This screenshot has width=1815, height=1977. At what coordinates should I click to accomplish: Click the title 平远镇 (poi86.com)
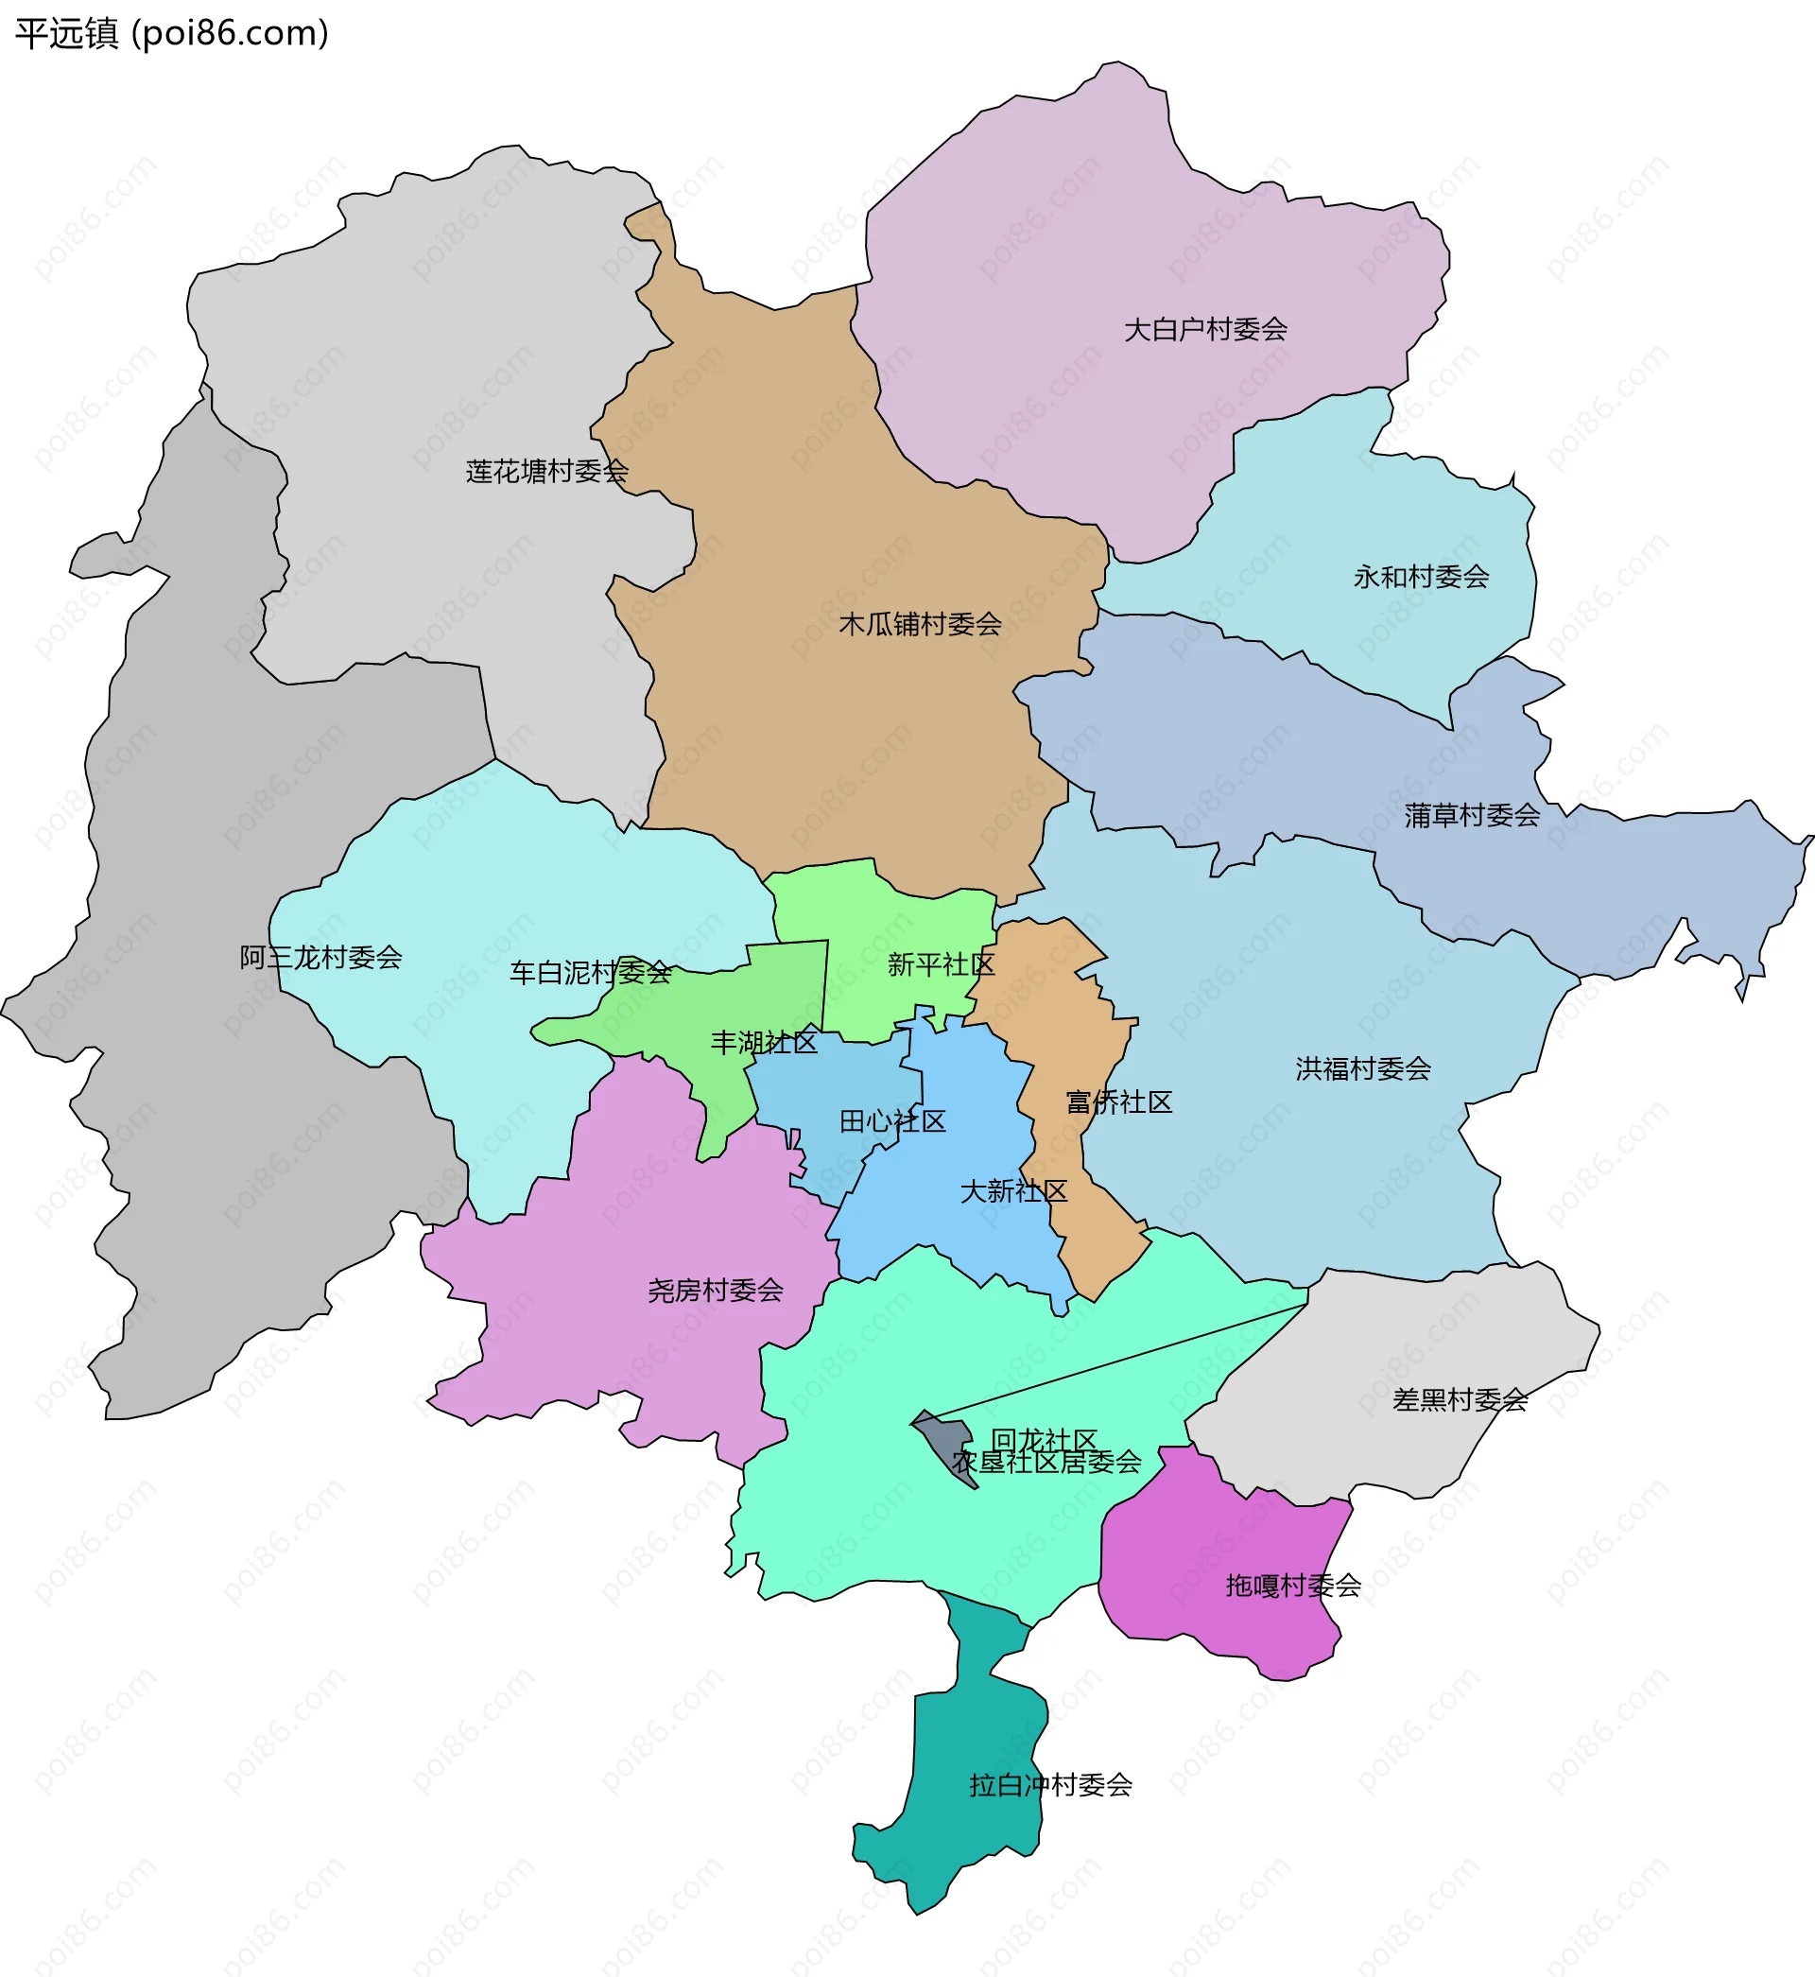click(x=172, y=33)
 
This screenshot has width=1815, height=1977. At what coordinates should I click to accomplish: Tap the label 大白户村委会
click(x=1205, y=329)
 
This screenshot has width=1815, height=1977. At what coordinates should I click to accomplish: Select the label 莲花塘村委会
click(x=547, y=472)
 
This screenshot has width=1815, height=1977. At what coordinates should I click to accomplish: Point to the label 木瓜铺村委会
click(x=921, y=624)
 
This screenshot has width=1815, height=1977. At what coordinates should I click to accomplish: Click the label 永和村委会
click(x=1421, y=577)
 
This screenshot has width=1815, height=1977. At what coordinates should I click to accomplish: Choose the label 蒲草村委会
click(x=1471, y=815)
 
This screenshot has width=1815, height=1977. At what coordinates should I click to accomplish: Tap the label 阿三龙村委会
click(x=321, y=958)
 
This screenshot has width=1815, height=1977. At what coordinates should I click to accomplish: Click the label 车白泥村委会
click(x=590, y=972)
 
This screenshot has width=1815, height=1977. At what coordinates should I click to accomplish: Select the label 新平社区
click(x=941, y=964)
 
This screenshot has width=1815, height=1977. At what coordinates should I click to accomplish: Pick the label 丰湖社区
click(x=764, y=1042)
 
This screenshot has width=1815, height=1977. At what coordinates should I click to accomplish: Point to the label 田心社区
click(x=891, y=1121)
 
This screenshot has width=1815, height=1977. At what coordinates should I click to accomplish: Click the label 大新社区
click(x=1013, y=1191)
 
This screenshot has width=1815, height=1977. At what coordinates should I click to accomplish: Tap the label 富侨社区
click(x=1118, y=1101)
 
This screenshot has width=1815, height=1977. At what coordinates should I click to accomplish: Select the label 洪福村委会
click(x=1362, y=1068)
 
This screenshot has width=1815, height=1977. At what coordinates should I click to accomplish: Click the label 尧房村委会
click(x=715, y=1291)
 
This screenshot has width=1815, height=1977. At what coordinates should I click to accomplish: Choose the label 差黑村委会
click(x=1460, y=1399)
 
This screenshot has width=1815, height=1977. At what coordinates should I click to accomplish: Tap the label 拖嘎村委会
click(x=1292, y=1586)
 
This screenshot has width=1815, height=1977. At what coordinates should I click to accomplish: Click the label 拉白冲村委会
click(x=1050, y=1784)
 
